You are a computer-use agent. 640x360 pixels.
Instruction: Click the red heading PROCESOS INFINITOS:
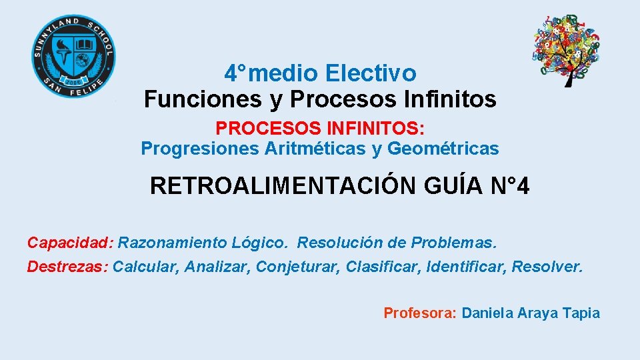[x=320, y=127]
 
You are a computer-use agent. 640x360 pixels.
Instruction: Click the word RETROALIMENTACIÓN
[x=284, y=186]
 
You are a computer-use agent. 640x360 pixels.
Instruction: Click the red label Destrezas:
[x=67, y=267]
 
